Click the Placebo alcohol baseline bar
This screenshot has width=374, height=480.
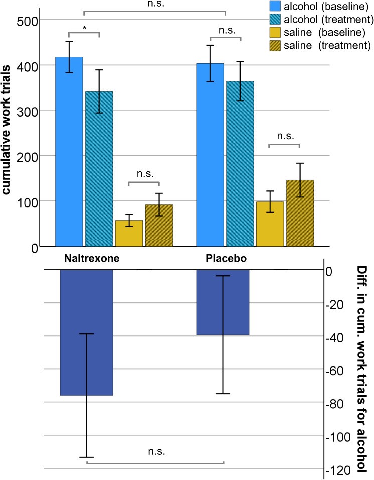coord(210,155)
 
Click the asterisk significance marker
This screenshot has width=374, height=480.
coord(85,29)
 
